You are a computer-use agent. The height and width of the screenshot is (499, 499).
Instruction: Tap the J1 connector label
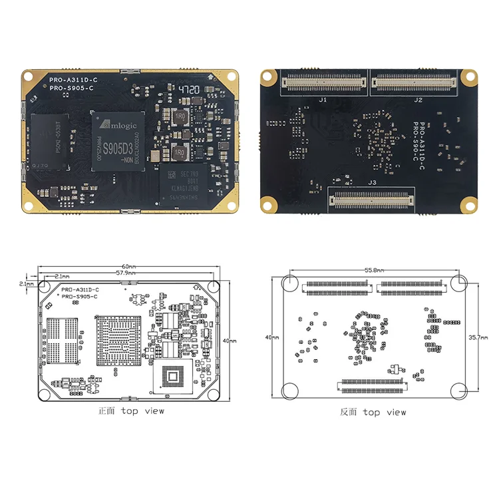(x=323, y=100)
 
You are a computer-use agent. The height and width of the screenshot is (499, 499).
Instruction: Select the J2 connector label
(x=418, y=100)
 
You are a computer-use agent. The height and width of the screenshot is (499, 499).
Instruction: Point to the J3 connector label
(x=372, y=182)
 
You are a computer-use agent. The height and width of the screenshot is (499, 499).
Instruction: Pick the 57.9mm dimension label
(x=126, y=273)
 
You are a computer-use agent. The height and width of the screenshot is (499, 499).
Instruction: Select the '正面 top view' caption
(x=130, y=411)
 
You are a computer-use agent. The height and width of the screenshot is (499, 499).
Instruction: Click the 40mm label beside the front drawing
(x=229, y=341)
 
